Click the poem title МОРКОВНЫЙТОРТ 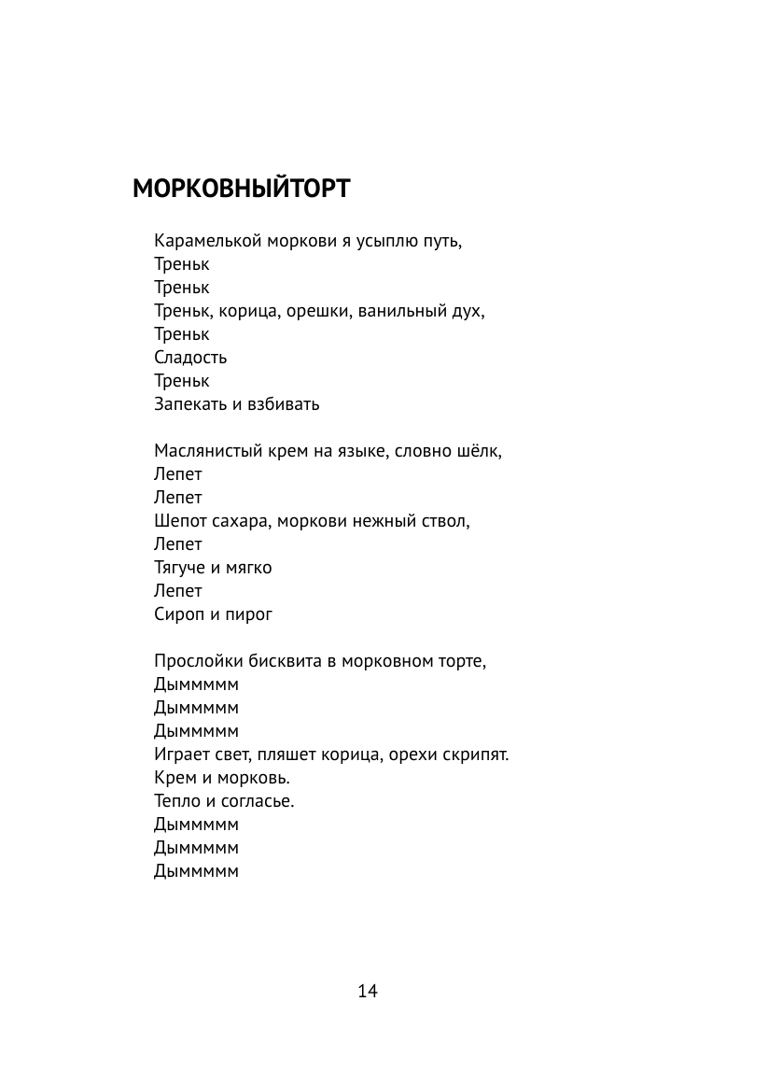point(241,190)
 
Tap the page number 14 point(367,991)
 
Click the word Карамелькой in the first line point(208,241)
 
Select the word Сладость point(190,358)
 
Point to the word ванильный point(405,311)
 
